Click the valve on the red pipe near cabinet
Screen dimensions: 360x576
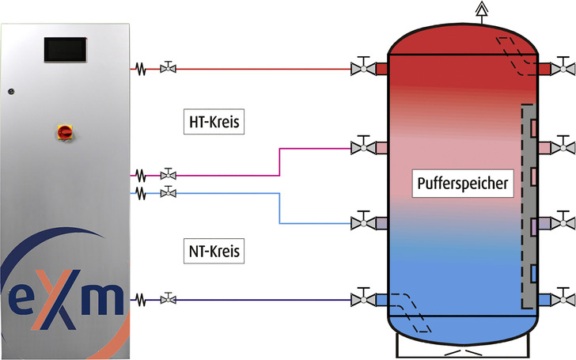point(168,69)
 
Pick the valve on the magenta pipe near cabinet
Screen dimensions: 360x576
point(168,174)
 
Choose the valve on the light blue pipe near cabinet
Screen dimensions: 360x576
point(168,192)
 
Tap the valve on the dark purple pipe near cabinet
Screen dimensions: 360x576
point(168,299)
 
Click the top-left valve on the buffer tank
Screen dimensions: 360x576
point(363,69)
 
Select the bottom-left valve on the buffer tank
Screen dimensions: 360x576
point(363,299)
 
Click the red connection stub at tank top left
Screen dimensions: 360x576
point(381,69)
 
